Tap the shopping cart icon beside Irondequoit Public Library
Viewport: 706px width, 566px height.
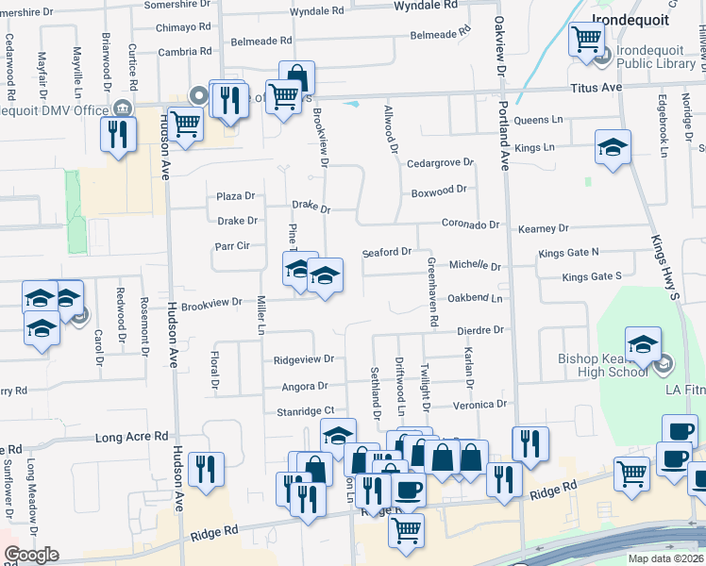586,40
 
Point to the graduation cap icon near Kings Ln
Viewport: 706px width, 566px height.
613,147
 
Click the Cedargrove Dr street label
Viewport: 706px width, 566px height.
440,163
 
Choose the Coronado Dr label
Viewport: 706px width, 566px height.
470,225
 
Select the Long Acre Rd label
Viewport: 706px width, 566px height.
131,438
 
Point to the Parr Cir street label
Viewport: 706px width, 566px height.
231,246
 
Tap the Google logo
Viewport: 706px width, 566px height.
30,555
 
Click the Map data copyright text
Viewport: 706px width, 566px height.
665,558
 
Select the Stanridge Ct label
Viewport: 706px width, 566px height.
304,410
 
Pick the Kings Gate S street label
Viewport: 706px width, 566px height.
592,276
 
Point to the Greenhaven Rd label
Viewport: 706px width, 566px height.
432,292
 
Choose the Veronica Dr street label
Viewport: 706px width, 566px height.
480,405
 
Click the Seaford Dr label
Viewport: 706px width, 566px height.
387,252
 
